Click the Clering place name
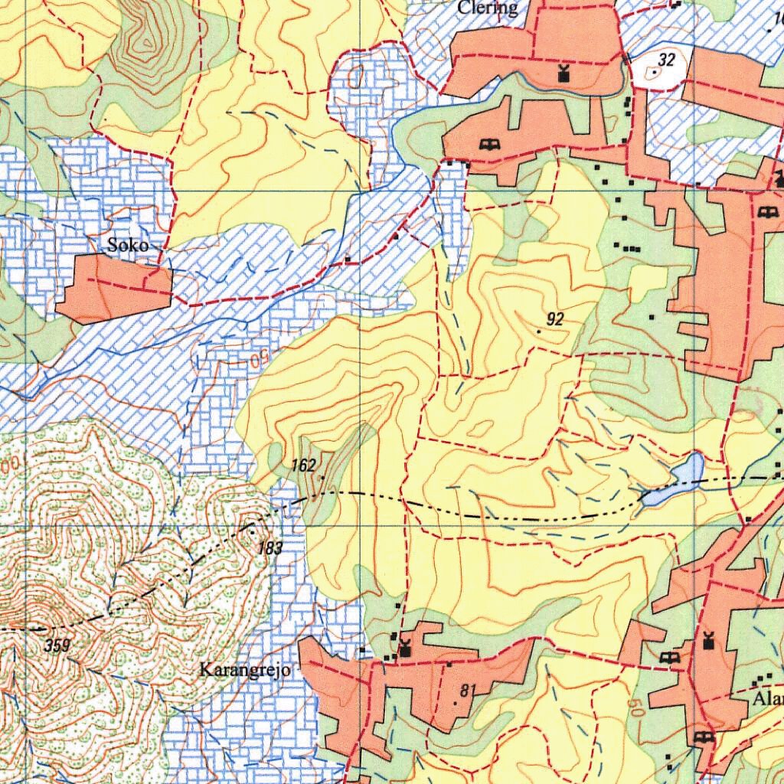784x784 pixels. coord(488,8)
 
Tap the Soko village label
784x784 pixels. coord(129,246)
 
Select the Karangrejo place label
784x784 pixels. coord(244,671)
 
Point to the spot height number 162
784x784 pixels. coord(304,465)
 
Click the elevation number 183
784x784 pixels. coord(270,547)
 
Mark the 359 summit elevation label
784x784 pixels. coord(57,645)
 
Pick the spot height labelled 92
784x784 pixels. coord(555,319)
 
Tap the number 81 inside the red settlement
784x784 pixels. coord(468,691)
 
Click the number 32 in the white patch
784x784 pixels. coord(666,60)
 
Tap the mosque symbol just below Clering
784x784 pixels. coord(564,74)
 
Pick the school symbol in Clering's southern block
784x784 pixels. coord(488,144)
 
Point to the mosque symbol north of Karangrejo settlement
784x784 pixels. coord(404,648)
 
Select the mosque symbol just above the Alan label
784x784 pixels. coord(708,639)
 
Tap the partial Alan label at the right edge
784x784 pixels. coord(768,700)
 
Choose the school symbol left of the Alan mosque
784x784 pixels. coord(668,658)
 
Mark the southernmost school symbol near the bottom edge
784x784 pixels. coord(704,737)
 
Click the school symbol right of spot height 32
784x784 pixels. coord(766,211)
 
